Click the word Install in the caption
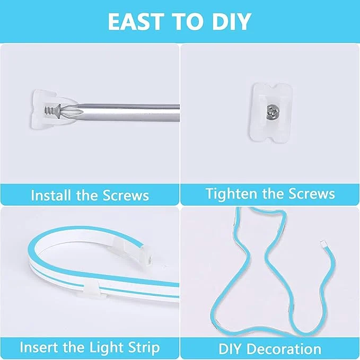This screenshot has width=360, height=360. point(51,195)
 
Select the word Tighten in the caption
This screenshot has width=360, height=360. point(232,194)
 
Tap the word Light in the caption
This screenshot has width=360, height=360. point(107,348)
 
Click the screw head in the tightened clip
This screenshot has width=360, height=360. point(272,112)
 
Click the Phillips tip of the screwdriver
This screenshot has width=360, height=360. point(71,111)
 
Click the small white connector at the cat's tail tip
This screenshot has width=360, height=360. point(324,244)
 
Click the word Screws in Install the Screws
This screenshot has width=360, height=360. point(126,196)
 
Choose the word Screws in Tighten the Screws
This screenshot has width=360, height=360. point(311,194)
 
